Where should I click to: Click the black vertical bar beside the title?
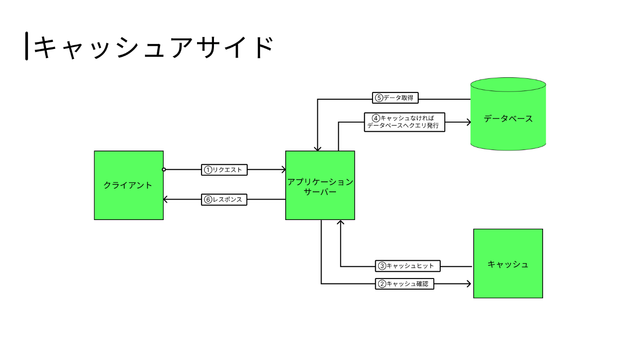27,46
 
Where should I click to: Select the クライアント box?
128,185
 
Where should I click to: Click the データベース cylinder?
508,118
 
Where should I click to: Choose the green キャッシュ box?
508,264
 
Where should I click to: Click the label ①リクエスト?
224,170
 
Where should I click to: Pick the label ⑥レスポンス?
224,200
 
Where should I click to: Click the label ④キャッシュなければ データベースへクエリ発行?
405,122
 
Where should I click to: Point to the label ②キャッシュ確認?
404,284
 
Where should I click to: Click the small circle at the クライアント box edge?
164,170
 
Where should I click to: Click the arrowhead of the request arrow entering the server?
283,170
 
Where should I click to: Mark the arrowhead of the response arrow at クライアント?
166,199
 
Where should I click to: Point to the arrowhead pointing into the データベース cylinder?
468,122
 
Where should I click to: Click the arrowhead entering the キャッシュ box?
468,284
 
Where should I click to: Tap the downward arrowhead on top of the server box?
317,148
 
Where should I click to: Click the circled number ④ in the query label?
376,118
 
